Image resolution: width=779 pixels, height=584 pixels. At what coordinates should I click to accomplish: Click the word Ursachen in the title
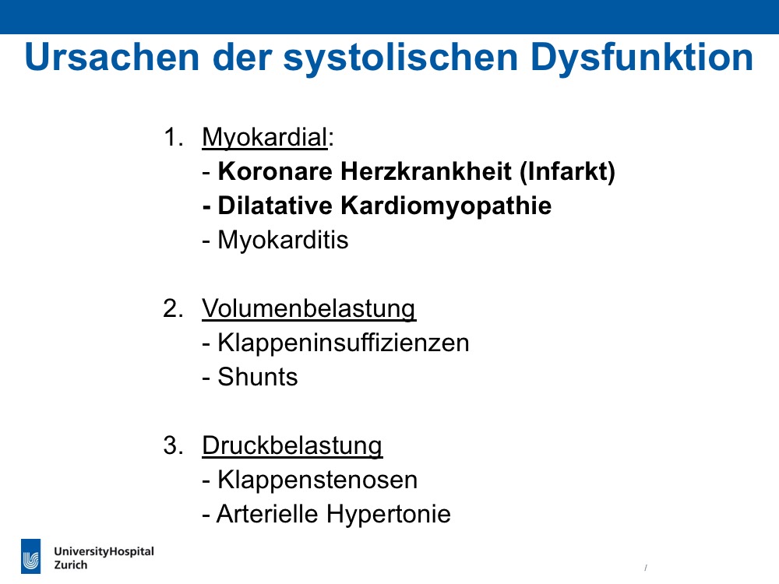[111, 58]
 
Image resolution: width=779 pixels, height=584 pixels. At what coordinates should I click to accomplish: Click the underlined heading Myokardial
[265, 138]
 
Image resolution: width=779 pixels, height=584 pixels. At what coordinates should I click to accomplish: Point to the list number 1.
[174, 137]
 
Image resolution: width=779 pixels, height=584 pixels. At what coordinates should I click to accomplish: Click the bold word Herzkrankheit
[426, 171]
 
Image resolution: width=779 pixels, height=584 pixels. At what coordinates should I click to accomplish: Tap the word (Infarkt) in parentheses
[567, 172]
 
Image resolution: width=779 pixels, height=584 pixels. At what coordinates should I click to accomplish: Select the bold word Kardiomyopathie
[446, 206]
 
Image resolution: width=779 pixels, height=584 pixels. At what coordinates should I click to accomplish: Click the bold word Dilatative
[275, 206]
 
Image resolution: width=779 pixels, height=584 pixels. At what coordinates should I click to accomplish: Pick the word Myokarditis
[284, 241]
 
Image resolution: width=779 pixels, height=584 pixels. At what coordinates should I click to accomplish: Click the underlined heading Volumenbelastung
[309, 308]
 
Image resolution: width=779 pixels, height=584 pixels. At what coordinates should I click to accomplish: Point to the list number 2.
[173, 308]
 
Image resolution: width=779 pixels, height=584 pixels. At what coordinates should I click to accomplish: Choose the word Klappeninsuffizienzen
[344, 343]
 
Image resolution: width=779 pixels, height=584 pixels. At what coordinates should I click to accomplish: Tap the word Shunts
[258, 377]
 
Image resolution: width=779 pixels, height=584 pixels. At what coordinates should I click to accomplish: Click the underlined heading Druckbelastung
[292, 445]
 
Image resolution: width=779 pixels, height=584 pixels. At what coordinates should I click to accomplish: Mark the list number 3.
[173, 445]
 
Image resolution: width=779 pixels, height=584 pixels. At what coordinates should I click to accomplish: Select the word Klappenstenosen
[318, 480]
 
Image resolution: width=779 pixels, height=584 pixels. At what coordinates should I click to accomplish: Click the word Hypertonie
[389, 514]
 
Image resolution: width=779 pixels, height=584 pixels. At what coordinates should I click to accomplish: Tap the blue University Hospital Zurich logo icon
[31, 556]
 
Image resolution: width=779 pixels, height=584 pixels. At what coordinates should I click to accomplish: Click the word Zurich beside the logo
[71, 565]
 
